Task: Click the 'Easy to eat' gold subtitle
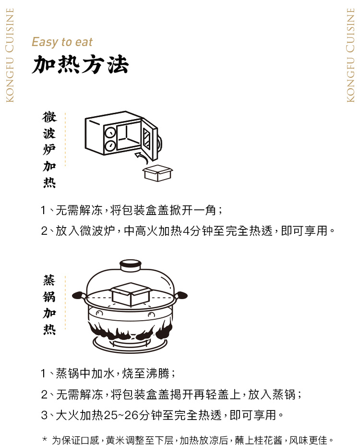tap(62, 42)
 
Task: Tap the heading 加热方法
tap(81, 64)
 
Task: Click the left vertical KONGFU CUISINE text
tap(10, 55)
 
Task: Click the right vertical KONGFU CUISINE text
tap(350, 55)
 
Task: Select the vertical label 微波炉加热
tap(49, 150)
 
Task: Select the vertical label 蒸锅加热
tap(49, 305)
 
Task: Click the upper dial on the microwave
tap(110, 133)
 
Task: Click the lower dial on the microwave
tap(110, 145)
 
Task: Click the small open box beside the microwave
tap(157, 173)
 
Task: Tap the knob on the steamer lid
tap(130, 265)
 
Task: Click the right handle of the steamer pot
tap(181, 295)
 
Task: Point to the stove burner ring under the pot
tap(130, 344)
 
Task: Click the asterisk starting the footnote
tap(45, 439)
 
